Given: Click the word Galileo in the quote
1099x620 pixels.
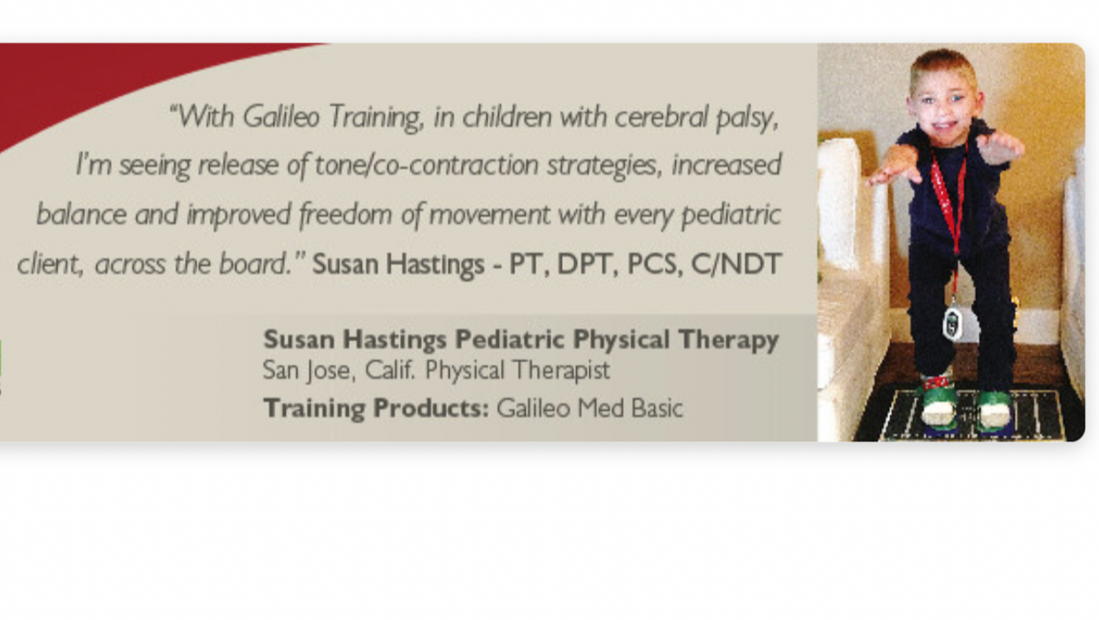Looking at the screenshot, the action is (x=281, y=116).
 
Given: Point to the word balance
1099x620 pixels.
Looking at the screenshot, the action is (x=82, y=214).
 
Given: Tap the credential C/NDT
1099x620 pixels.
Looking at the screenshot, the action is (x=735, y=264).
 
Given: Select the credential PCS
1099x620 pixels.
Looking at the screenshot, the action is (x=655, y=264).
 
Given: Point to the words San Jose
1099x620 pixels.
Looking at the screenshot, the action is (x=307, y=370).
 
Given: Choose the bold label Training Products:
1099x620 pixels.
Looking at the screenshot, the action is (x=376, y=408).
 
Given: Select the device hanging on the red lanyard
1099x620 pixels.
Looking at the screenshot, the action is (x=952, y=322).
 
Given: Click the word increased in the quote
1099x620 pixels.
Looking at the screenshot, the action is (x=726, y=165).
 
